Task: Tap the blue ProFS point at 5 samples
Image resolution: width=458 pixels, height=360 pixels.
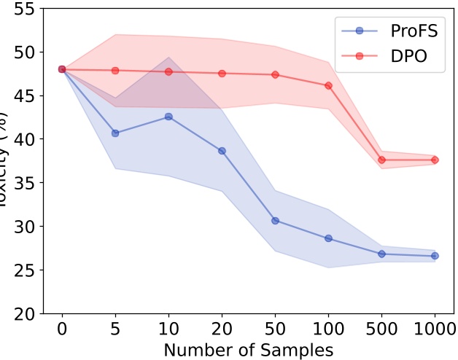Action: (x=115, y=133)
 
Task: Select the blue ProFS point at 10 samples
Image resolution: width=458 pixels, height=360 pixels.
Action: (x=168, y=117)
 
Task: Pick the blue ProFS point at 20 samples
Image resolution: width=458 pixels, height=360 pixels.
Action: (x=222, y=151)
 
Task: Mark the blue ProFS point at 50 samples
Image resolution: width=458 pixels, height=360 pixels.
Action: (x=275, y=220)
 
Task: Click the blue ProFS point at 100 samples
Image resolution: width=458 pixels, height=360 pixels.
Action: (x=328, y=238)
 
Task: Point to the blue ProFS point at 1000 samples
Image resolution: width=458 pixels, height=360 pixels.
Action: (x=435, y=256)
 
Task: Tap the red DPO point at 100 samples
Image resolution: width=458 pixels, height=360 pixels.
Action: (x=328, y=85)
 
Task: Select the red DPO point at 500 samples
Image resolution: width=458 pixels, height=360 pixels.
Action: (x=381, y=160)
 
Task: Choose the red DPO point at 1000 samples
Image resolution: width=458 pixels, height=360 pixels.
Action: (x=435, y=160)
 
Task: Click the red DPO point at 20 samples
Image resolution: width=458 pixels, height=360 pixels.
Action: (x=222, y=73)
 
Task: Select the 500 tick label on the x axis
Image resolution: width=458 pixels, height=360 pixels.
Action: (x=381, y=330)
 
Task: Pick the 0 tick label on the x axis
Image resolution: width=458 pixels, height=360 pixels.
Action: (x=62, y=330)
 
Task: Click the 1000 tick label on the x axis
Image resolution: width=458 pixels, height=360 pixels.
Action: (x=435, y=330)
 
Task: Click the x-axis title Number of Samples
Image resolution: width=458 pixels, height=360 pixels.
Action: (x=248, y=350)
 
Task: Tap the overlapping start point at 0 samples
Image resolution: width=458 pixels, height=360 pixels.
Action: (x=62, y=69)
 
